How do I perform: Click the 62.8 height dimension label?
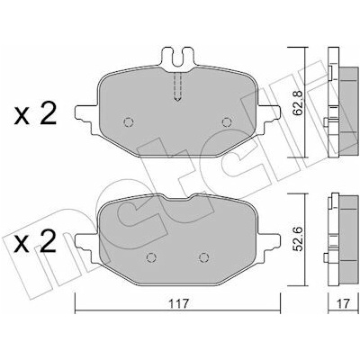[x=297, y=102]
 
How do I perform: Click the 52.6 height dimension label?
[x=297, y=239]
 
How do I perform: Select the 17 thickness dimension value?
[x=343, y=304]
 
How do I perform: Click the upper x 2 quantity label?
[x=35, y=114]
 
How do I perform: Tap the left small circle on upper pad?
[x=129, y=122]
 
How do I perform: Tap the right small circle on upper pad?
[x=227, y=122]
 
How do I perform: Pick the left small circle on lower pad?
[x=151, y=257]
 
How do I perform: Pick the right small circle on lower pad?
[x=203, y=257]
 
